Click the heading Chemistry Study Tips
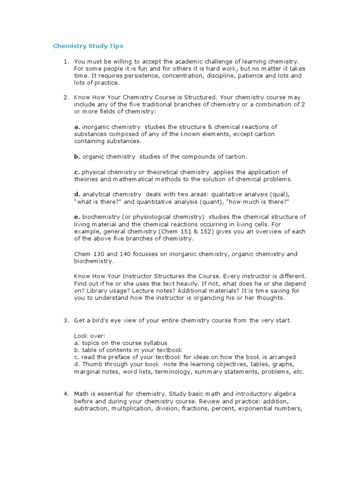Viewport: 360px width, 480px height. coord(88,46)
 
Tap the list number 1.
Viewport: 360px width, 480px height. coord(66,61)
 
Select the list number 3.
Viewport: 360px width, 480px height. coord(66,320)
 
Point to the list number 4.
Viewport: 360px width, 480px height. coord(66,393)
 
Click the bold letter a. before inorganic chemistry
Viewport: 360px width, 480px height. coord(77,127)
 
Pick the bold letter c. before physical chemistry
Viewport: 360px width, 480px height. coord(77,172)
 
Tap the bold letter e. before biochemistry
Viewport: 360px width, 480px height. coord(77,217)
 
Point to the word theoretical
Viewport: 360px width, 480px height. coord(151,172)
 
